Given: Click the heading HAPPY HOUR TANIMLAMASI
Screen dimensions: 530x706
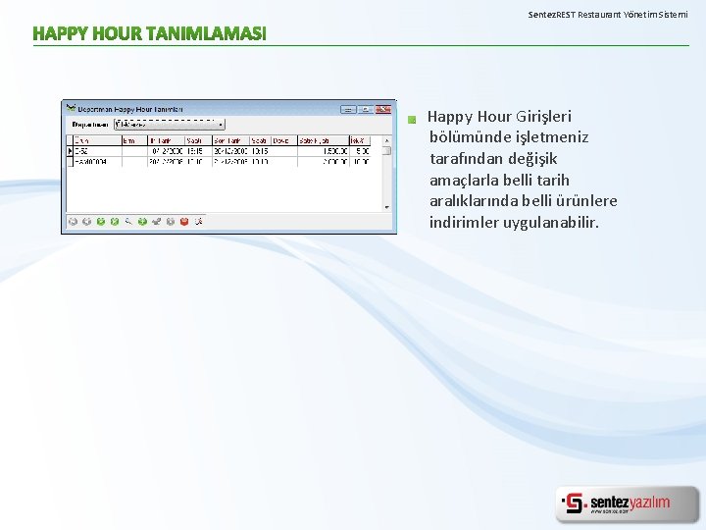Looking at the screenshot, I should coord(149,34).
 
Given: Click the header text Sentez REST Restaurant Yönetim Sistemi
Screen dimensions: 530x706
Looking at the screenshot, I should coord(608,15).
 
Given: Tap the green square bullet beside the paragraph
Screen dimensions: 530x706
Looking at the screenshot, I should coord(413,119).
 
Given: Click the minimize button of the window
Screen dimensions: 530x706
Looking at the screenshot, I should coord(347,110).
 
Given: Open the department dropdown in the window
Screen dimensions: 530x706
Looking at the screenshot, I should coord(221,125).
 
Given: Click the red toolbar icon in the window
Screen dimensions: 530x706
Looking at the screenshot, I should coord(183,222).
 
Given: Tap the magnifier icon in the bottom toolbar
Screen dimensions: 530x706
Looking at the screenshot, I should coord(128,222).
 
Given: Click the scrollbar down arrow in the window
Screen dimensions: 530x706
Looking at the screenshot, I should coord(390,207).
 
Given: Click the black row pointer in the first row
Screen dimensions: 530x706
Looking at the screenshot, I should coord(69,151).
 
